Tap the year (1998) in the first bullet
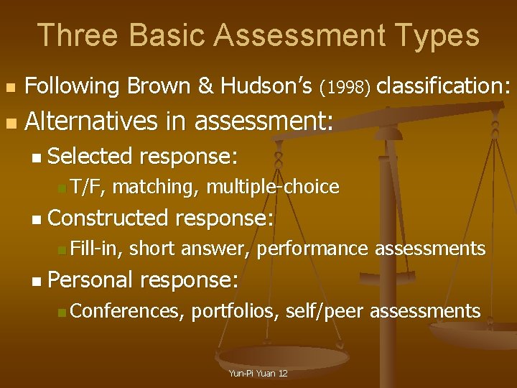point(346,88)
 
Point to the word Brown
point(160,86)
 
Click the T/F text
point(88,188)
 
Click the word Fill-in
point(97,249)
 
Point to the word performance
point(312,249)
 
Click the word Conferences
point(126,311)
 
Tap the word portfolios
point(233,311)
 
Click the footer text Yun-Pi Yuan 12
point(258,374)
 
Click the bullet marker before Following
point(9,88)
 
